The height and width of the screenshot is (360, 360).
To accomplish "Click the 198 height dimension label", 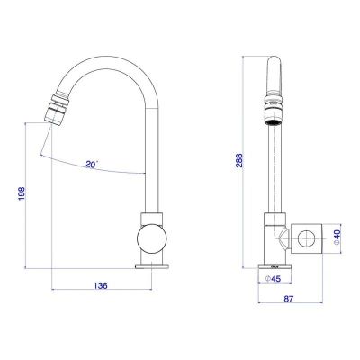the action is pyautogui.click(x=22, y=193).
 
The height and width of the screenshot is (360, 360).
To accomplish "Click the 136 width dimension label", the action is pyautogui.click(x=101, y=285).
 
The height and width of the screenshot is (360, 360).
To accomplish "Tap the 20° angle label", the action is pyautogui.click(x=92, y=165).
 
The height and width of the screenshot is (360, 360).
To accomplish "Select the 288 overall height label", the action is pyautogui.click(x=238, y=161).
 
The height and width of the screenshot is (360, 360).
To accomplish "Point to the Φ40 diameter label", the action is pyautogui.click(x=337, y=238).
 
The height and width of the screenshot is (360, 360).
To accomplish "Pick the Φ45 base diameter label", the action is pyautogui.click(x=273, y=279).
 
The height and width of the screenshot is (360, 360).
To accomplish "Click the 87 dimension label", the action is pyautogui.click(x=289, y=299).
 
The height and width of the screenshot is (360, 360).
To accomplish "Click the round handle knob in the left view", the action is pyautogui.click(x=151, y=239).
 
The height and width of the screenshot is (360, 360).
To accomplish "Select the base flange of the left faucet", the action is pyautogui.click(x=152, y=266).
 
